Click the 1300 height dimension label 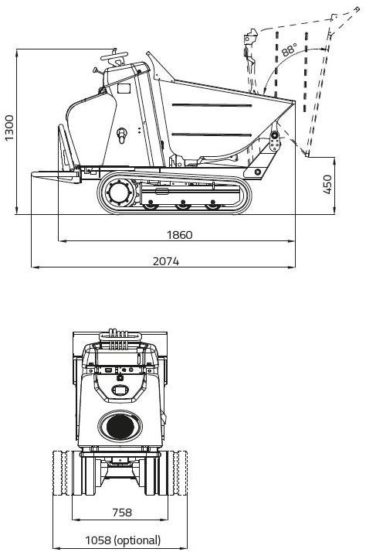[x=8, y=128]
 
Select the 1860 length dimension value [x=180, y=235]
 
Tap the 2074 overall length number [x=166, y=261]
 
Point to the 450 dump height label [x=327, y=184]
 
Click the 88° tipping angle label [x=289, y=49]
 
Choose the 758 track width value [x=122, y=513]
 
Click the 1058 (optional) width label [x=123, y=540]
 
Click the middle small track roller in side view [x=182, y=204]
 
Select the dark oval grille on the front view [x=120, y=426]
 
